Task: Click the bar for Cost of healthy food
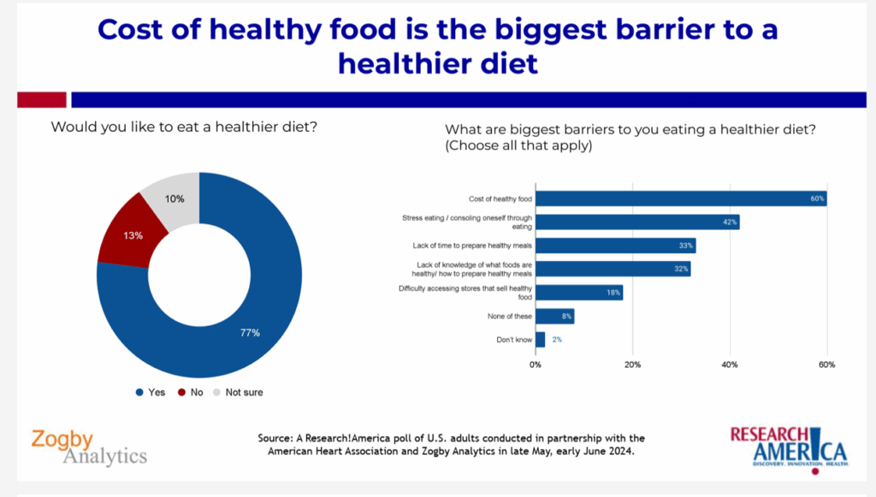680,199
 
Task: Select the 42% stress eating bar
636,222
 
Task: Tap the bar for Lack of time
615,246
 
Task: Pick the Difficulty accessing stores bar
578,293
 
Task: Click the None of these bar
554,317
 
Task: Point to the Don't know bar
540,340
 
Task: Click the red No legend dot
181,393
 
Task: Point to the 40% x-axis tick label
730,365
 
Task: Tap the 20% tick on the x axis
632,365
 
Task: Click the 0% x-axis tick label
536,365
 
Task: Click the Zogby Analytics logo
89,447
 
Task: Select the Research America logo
788,446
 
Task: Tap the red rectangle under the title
41,100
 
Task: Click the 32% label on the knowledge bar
681,269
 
